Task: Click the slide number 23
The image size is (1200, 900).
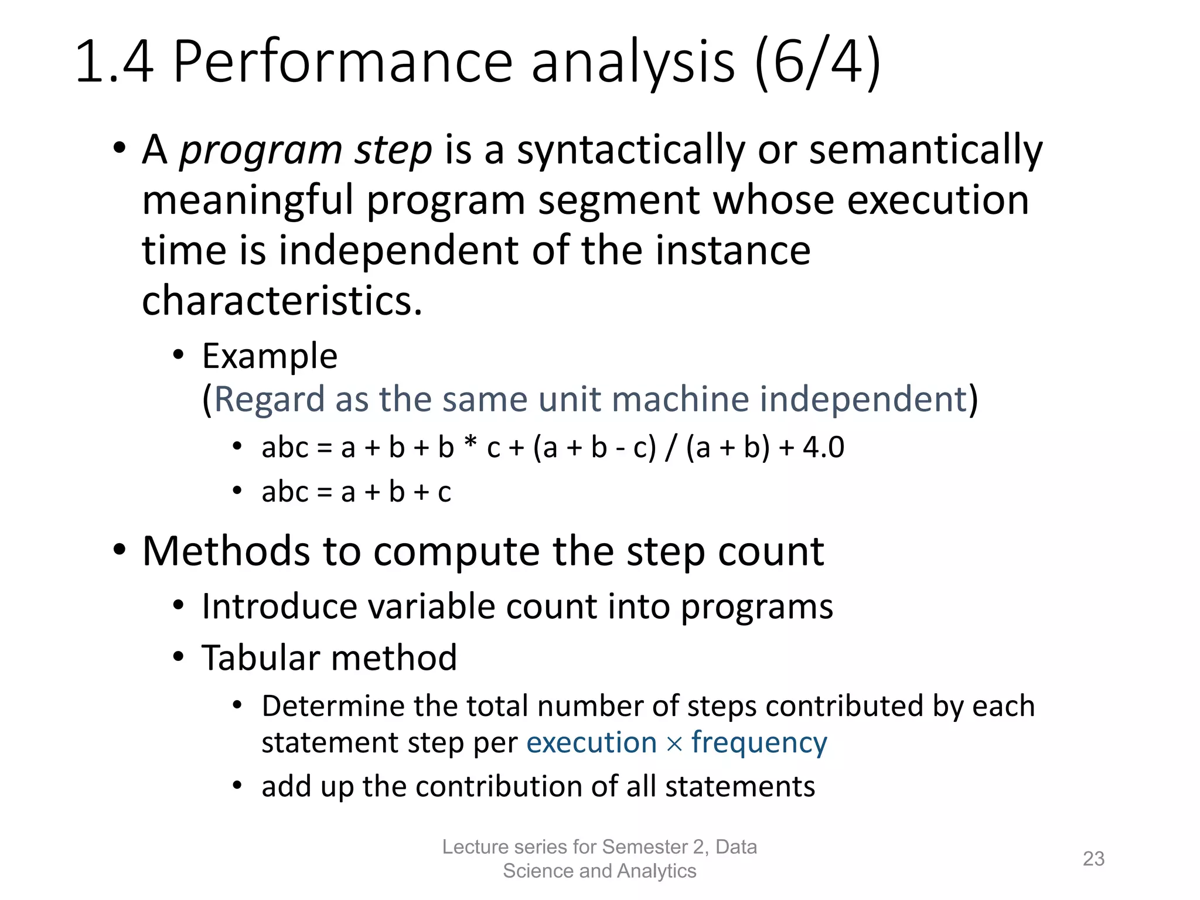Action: click(1093, 858)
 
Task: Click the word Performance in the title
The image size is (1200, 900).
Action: click(343, 63)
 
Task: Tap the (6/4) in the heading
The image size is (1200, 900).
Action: click(817, 63)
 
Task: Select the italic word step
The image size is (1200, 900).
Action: click(393, 151)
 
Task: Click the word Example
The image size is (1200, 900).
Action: click(270, 356)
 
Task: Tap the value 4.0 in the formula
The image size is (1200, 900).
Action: click(823, 448)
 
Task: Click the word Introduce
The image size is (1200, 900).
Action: click(279, 606)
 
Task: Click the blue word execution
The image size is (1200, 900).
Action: click(591, 743)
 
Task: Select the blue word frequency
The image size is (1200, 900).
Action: click(759, 743)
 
